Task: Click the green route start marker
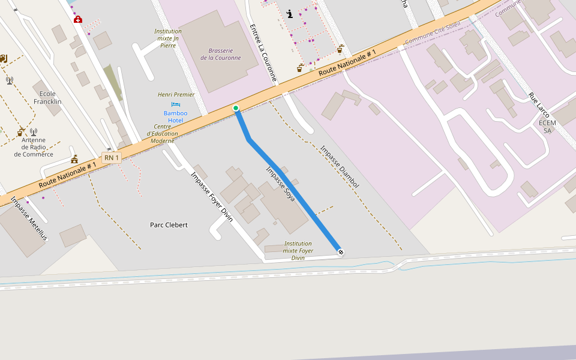[236, 108]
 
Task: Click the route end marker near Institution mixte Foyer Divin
[340, 252]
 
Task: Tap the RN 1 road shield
[112, 158]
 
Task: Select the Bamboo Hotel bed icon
[176, 104]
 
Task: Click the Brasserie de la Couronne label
[220, 54]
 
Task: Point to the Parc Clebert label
[169, 225]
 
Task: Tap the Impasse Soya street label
[280, 184]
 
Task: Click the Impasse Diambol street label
[340, 167]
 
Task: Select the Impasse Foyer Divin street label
[211, 197]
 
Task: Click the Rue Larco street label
[539, 105]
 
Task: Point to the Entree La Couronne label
[263, 53]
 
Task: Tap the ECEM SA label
[547, 127]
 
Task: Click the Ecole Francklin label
[47, 97]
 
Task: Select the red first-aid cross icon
[77, 19]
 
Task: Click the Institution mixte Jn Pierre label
[168, 38]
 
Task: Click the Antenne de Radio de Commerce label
[34, 147]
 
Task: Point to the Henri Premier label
[176, 94]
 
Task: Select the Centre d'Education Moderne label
[163, 133]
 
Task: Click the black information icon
[290, 14]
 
